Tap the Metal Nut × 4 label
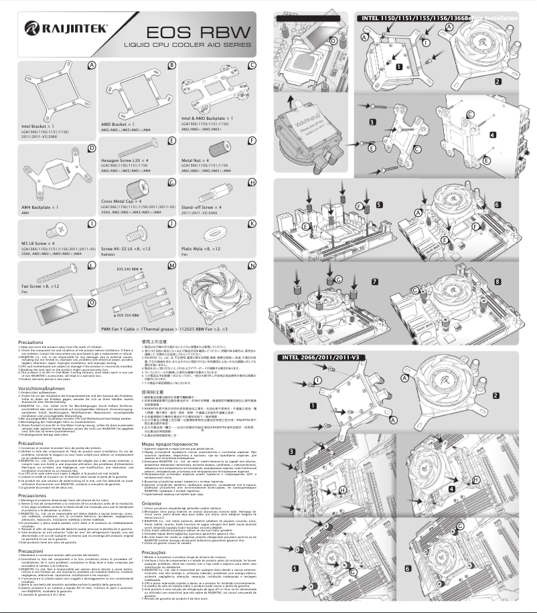pos(199,161)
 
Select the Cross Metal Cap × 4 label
pos(126,201)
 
